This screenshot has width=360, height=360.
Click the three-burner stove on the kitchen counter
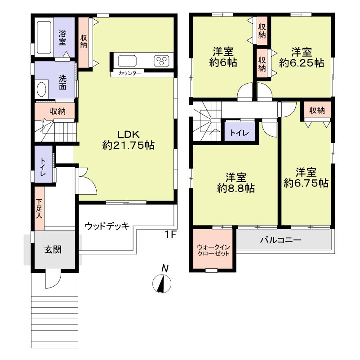(x=161, y=61)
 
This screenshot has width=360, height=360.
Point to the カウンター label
(x=130, y=73)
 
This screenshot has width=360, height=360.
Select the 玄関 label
(x=53, y=250)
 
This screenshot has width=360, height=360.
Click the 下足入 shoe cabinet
(x=40, y=209)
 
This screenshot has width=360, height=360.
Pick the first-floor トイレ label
(x=42, y=165)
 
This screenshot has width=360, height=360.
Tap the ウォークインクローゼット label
(x=213, y=250)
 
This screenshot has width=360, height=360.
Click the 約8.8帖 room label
(x=236, y=182)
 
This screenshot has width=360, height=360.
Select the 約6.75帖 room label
(x=306, y=178)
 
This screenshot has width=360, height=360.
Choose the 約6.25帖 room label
(x=301, y=57)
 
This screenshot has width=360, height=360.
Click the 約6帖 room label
(x=223, y=56)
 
